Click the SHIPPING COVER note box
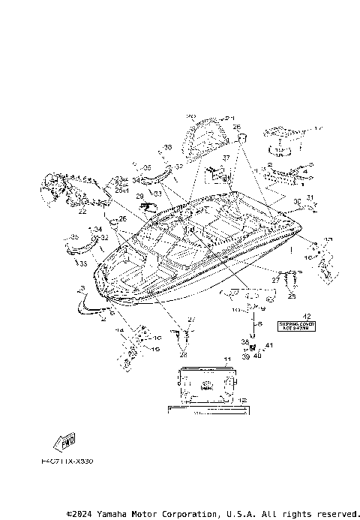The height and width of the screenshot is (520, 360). pos(294,326)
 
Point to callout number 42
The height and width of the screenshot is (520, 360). pos(306,316)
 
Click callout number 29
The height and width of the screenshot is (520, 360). pos(139,196)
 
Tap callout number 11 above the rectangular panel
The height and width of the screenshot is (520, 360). pos(226,361)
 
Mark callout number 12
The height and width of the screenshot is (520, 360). pos(241,401)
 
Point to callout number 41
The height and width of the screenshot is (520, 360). pos(269,344)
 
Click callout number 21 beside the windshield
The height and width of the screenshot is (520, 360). pos(230,119)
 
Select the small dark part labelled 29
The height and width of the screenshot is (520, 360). pos(151,203)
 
